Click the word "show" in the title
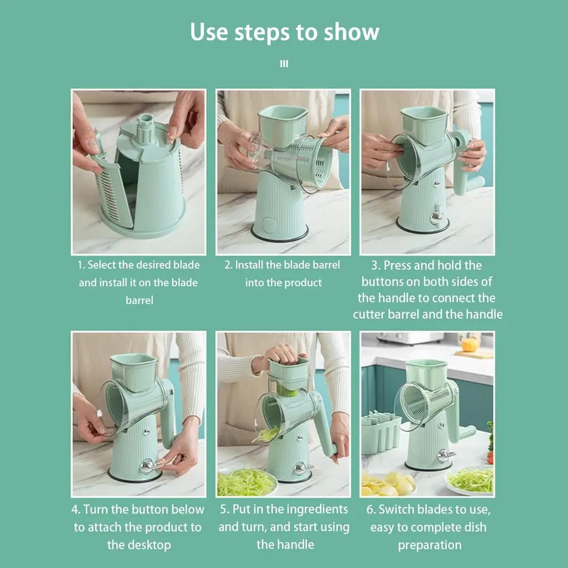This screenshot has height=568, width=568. tap(351, 32)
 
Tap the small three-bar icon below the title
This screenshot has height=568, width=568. tap(284, 64)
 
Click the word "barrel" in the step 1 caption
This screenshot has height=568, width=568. tap(140, 300)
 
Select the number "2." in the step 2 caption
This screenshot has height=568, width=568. tap(228, 265)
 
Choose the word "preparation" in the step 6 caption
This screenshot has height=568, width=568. tap(429, 545)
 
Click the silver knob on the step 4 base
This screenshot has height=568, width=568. tap(148, 466)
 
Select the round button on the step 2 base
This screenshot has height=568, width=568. tap(269, 224)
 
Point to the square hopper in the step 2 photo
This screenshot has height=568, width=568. tap(282, 124)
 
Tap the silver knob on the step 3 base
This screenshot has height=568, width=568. tap(436, 216)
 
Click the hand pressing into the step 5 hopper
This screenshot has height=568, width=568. tap(282, 355)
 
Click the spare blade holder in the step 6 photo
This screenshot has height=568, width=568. tap(381, 432)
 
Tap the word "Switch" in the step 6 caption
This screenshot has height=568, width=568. tap(395, 509)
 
